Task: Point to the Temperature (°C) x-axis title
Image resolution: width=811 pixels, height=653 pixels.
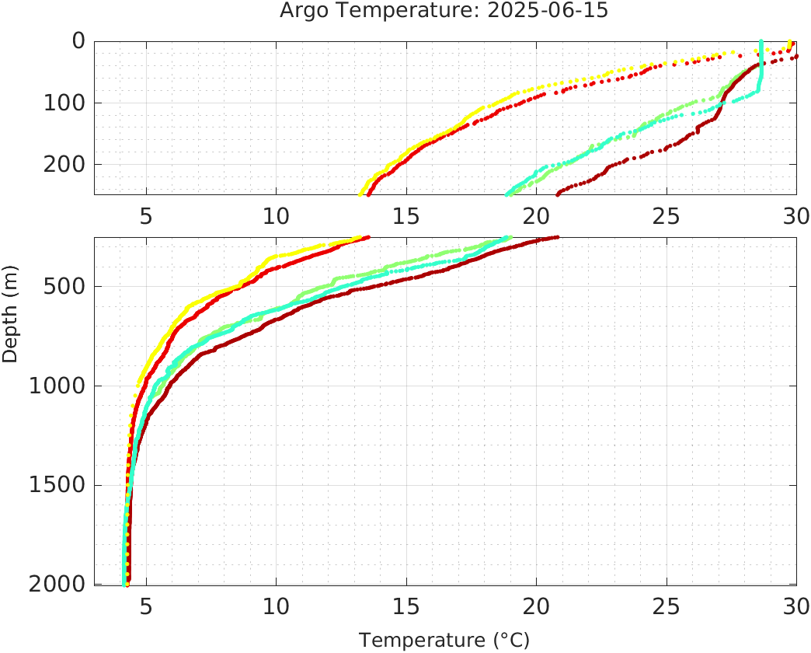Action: tap(444, 641)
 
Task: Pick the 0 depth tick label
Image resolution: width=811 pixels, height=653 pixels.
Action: tap(78, 40)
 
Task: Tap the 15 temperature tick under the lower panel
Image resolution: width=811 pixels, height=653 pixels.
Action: tap(405, 606)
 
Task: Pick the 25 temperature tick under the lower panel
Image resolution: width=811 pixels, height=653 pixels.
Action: tap(665, 606)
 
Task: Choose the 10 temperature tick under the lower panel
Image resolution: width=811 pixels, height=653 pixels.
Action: tap(276, 606)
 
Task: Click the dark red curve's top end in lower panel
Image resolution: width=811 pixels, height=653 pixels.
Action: tap(556, 237)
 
